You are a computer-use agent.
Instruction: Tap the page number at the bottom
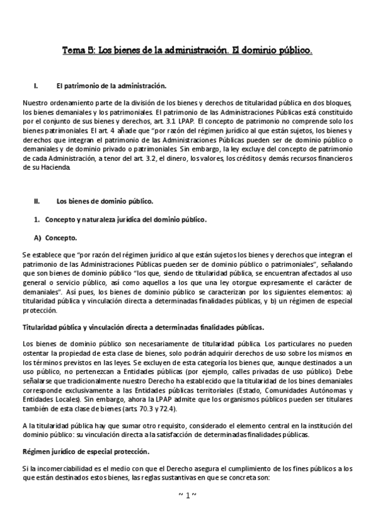pos(187,495)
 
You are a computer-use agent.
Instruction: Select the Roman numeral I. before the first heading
pos(36,84)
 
